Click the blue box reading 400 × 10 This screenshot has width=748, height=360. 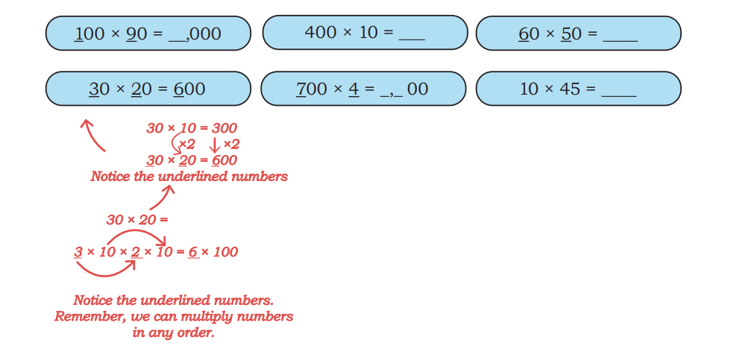[x=365, y=33]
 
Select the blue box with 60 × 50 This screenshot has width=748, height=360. [x=578, y=33]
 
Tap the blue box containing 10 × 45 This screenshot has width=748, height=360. [x=578, y=89]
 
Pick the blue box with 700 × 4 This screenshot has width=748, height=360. [x=363, y=89]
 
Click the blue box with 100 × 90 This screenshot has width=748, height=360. [x=148, y=33]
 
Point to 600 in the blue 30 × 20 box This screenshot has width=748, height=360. [x=189, y=89]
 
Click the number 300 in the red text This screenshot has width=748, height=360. [x=224, y=127]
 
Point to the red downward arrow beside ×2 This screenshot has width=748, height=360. [x=215, y=145]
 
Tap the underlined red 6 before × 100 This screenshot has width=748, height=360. [x=192, y=252]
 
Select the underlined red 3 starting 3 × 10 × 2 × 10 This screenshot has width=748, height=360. [x=78, y=252]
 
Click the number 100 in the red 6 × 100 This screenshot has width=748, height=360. [x=224, y=252]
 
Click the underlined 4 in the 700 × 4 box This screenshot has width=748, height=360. [x=353, y=89]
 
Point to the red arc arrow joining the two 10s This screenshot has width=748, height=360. [x=136, y=231]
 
